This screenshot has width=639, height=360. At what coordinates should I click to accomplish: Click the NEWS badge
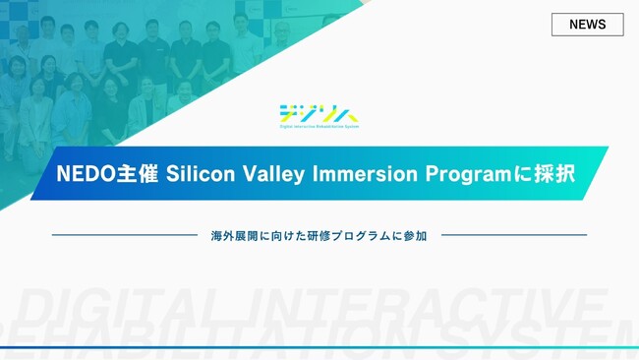(587, 25)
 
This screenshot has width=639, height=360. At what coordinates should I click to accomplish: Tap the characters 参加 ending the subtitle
(416, 236)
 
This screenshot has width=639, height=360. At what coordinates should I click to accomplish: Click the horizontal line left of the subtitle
(124, 235)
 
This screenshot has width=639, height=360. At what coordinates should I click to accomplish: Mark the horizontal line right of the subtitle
(513, 235)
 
